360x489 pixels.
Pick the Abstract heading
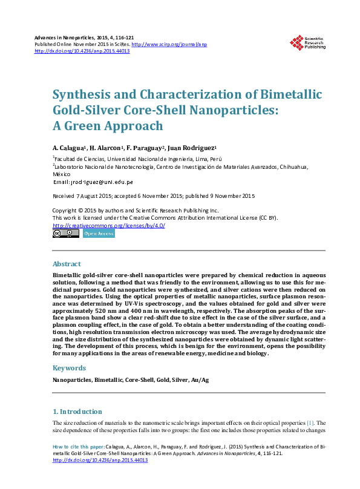(67, 264)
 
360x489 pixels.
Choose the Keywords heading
(70, 368)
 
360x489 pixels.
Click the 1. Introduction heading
(77, 412)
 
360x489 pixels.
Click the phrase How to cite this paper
(77, 447)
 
